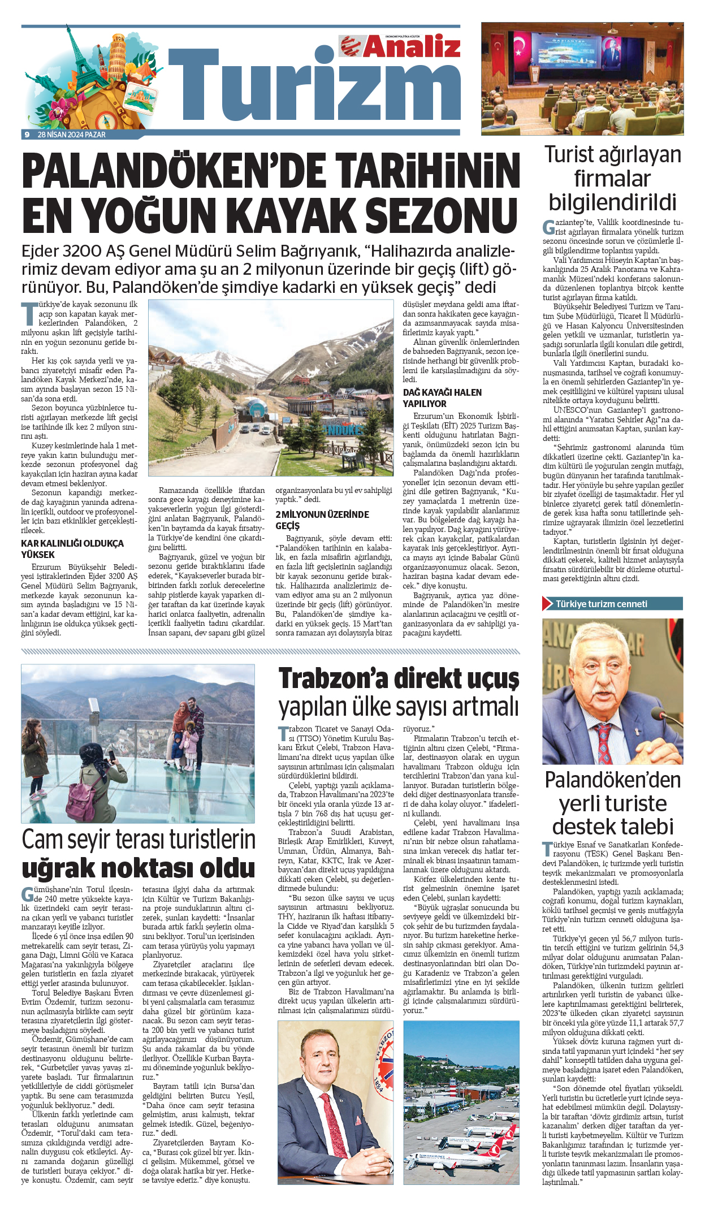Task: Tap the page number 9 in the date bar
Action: (27, 135)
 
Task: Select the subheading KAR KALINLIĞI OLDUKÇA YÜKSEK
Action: (72, 549)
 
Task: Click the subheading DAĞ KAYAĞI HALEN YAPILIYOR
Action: (442, 398)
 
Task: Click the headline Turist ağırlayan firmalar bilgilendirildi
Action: (613, 178)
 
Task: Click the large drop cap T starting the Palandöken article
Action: (28, 313)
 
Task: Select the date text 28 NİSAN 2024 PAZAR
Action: (71, 135)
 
